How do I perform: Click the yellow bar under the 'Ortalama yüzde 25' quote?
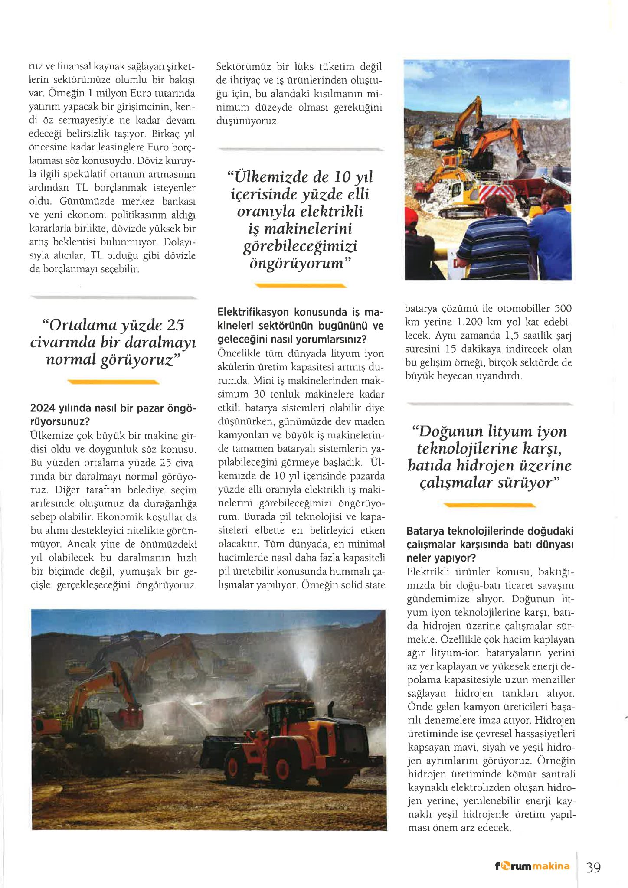pos(114,382)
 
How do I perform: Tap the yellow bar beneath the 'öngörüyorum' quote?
pos(301,285)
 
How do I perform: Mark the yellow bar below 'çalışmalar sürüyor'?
pos(490,505)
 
